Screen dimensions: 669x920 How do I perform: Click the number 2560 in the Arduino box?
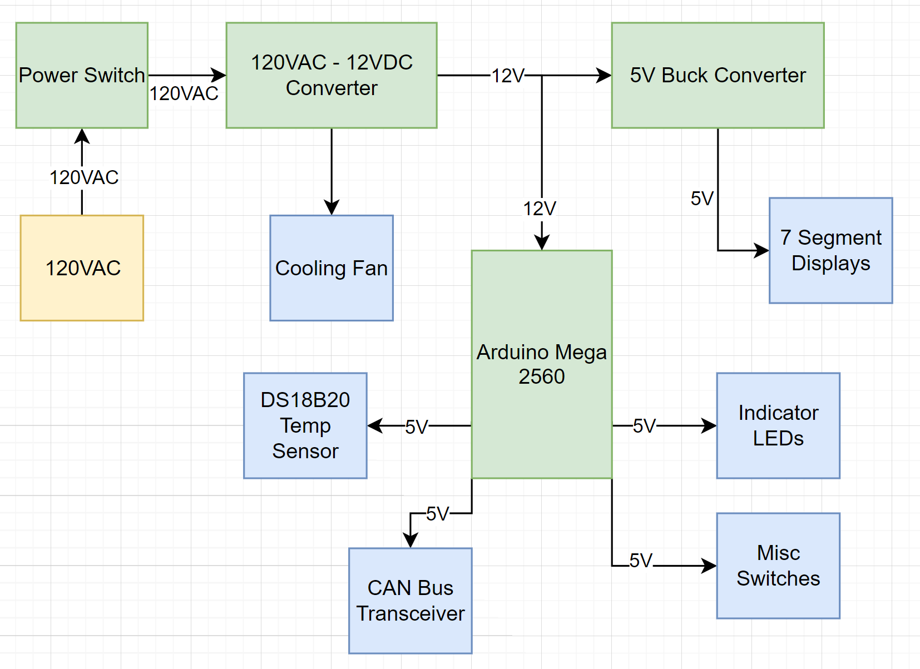[x=542, y=377]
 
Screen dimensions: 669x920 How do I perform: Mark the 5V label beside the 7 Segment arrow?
[x=702, y=199]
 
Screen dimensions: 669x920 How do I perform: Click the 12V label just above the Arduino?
[x=540, y=209]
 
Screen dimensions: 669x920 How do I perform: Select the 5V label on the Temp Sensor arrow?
[x=417, y=427]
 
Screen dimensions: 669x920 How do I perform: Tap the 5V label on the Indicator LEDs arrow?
[x=645, y=426]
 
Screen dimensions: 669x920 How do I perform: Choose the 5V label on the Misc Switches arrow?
[x=641, y=561]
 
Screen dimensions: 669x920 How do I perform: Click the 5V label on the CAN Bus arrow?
[x=438, y=514]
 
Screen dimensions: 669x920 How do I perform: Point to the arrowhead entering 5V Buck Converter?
[x=605, y=75]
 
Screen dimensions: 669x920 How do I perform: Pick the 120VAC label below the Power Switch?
[x=84, y=177]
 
